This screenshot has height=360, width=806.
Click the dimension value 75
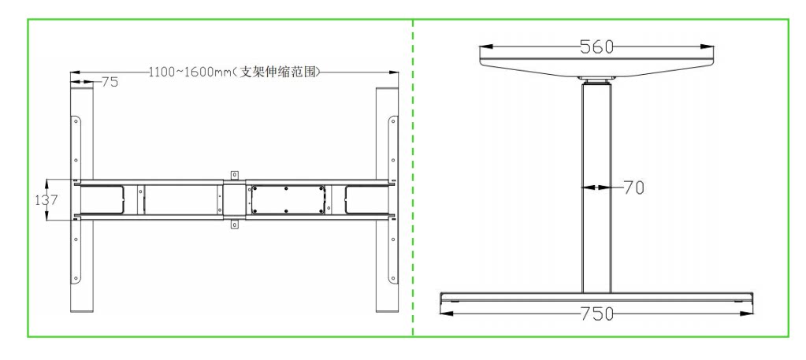tap(109, 82)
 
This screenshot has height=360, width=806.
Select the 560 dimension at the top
tap(597, 46)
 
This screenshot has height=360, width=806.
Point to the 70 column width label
tap(633, 187)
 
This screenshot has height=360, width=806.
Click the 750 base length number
tap(597, 314)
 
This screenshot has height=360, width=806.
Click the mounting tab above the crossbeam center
tap(233, 174)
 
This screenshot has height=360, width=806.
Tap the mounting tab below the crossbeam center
tap(233, 225)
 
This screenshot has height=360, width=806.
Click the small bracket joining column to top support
tap(596, 80)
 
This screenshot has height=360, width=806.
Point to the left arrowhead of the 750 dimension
tap(446, 314)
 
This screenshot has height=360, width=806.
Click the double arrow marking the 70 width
tap(596, 187)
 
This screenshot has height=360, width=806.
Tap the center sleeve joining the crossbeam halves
tap(233, 199)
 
